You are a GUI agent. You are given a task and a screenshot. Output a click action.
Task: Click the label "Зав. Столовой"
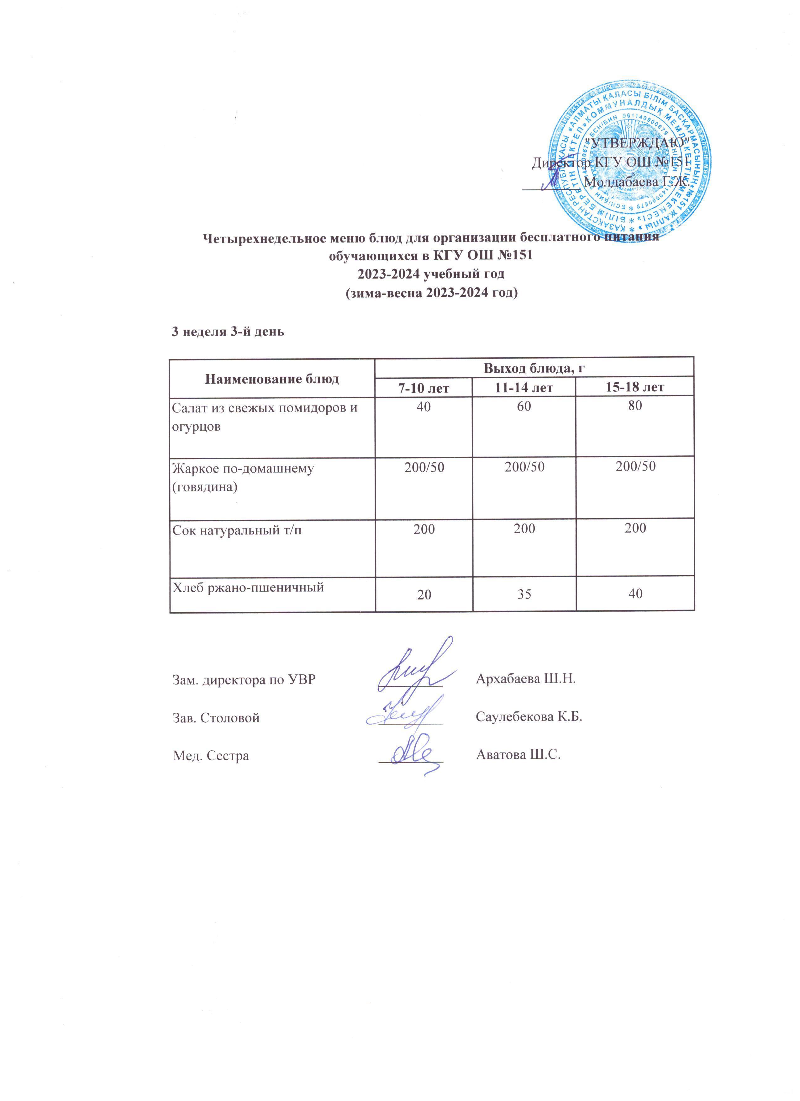(x=216, y=717)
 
